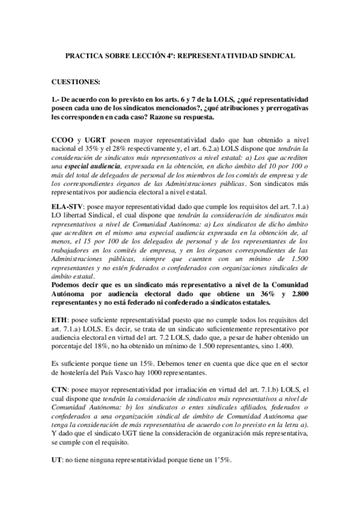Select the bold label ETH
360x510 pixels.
tap(61, 319)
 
